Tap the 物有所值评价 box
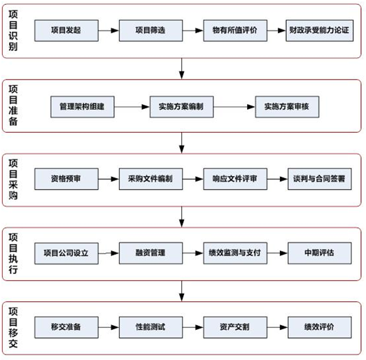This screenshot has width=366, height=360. click(x=234, y=31)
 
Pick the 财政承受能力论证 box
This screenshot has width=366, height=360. click(x=319, y=31)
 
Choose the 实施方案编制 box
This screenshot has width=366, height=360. click(x=181, y=106)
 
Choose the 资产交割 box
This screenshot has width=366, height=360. click(x=234, y=326)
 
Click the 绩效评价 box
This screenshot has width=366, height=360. click(x=319, y=326)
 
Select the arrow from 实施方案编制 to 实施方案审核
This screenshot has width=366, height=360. click(x=233, y=106)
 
